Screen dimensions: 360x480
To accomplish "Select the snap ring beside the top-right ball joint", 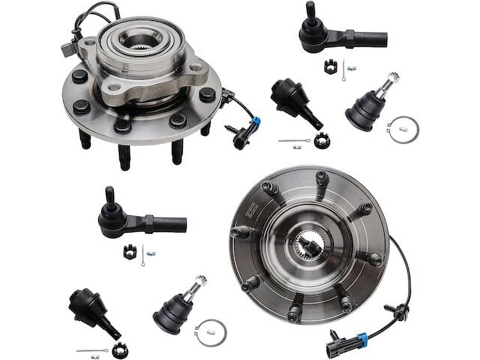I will (x=403, y=129).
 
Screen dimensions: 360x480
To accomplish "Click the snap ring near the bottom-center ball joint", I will (x=211, y=333).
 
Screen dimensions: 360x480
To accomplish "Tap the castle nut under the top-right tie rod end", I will (x=329, y=66).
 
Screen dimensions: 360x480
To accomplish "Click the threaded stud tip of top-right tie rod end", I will (x=309, y=8).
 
